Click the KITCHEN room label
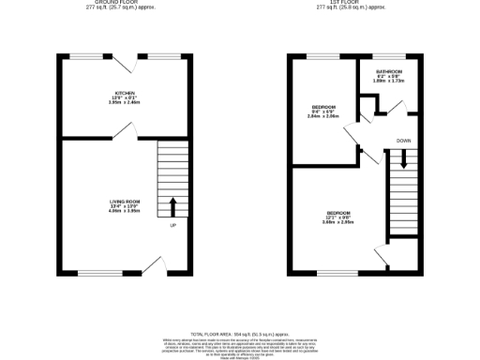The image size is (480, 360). (126, 92)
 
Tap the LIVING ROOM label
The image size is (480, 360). (125, 202)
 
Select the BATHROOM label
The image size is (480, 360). (389, 71)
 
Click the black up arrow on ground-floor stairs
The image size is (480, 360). (172, 206)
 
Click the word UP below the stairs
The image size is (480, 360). (172, 226)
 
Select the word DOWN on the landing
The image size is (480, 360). (403, 141)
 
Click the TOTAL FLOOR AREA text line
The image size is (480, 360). (239, 333)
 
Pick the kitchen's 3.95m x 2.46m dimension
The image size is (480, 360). (126, 102)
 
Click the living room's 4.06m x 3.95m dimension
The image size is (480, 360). (125, 211)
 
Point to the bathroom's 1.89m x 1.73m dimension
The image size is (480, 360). (389, 82)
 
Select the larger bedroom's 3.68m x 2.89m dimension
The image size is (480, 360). (337, 222)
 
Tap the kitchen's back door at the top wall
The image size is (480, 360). (124, 63)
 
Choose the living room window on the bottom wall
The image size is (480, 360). (94, 273)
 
